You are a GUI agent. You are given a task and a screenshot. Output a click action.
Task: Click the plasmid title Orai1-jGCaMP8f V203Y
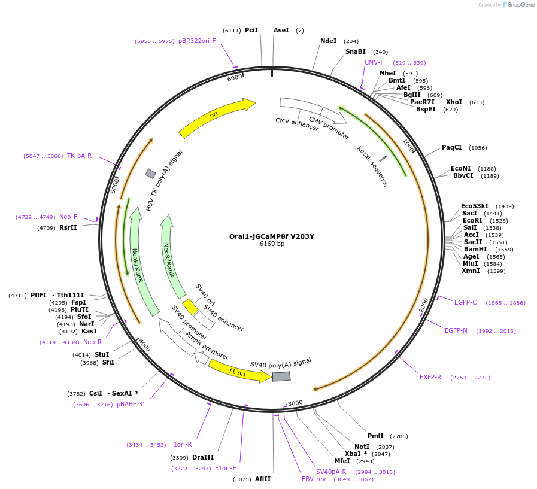pyautogui.click(x=272, y=236)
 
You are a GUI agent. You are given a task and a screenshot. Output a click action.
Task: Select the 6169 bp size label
pyautogui.click(x=272, y=244)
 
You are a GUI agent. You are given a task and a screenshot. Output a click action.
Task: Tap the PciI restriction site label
pyautogui.click(x=251, y=30)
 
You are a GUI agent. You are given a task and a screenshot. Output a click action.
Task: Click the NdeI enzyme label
pyautogui.click(x=329, y=41)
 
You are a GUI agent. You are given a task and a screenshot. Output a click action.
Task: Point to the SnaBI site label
pyautogui.click(x=355, y=51)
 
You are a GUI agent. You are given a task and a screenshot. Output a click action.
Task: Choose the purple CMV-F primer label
pyautogui.click(x=374, y=62)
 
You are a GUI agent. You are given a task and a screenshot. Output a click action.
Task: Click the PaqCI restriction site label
pyautogui.click(x=452, y=147)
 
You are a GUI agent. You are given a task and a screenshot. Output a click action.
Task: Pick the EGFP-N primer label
pyautogui.click(x=456, y=330)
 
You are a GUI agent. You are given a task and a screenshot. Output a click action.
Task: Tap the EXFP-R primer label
pyautogui.click(x=430, y=377)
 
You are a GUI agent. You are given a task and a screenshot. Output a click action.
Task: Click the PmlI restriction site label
pyautogui.click(x=375, y=436)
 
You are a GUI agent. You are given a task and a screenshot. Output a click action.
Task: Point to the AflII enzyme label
pyautogui.click(x=263, y=479)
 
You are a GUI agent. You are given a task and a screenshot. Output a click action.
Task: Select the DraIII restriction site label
pyautogui.click(x=203, y=457)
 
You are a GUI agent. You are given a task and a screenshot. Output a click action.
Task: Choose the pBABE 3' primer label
pyautogui.click(x=131, y=405)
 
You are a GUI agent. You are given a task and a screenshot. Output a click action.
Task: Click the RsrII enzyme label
pyautogui.click(x=68, y=227)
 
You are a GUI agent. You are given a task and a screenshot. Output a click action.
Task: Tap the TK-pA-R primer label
pyautogui.click(x=79, y=156)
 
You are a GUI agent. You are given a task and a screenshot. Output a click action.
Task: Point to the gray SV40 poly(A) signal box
pyautogui.click(x=281, y=376)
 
